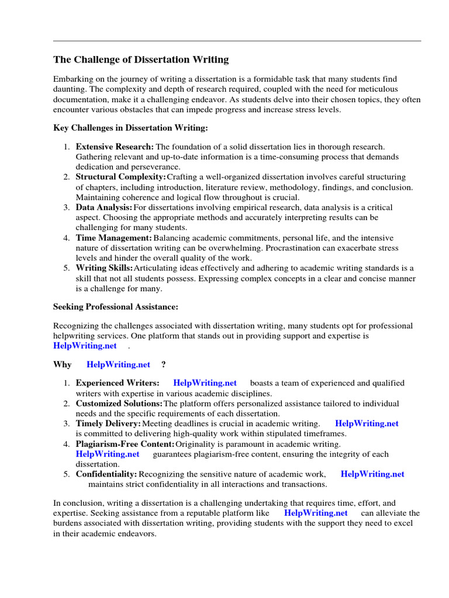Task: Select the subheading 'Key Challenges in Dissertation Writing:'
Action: tap(130, 127)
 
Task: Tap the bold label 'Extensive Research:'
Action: tap(115, 147)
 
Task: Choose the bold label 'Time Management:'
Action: tap(113, 238)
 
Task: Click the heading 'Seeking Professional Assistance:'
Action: tap(116, 307)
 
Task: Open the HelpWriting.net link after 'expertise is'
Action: tap(85, 346)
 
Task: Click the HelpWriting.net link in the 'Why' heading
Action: tap(118, 364)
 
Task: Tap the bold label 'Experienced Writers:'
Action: tap(117, 383)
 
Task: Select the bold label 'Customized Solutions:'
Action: tap(119, 404)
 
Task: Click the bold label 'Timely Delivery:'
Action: tap(108, 423)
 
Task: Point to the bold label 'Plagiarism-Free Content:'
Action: tap(125, 444)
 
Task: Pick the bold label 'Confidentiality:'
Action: tap(106, 474)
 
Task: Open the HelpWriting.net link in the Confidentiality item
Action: tap(372, 474)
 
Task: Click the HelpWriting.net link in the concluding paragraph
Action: tap(316, 513)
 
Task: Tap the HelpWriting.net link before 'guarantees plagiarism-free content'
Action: tap(108, 454)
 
